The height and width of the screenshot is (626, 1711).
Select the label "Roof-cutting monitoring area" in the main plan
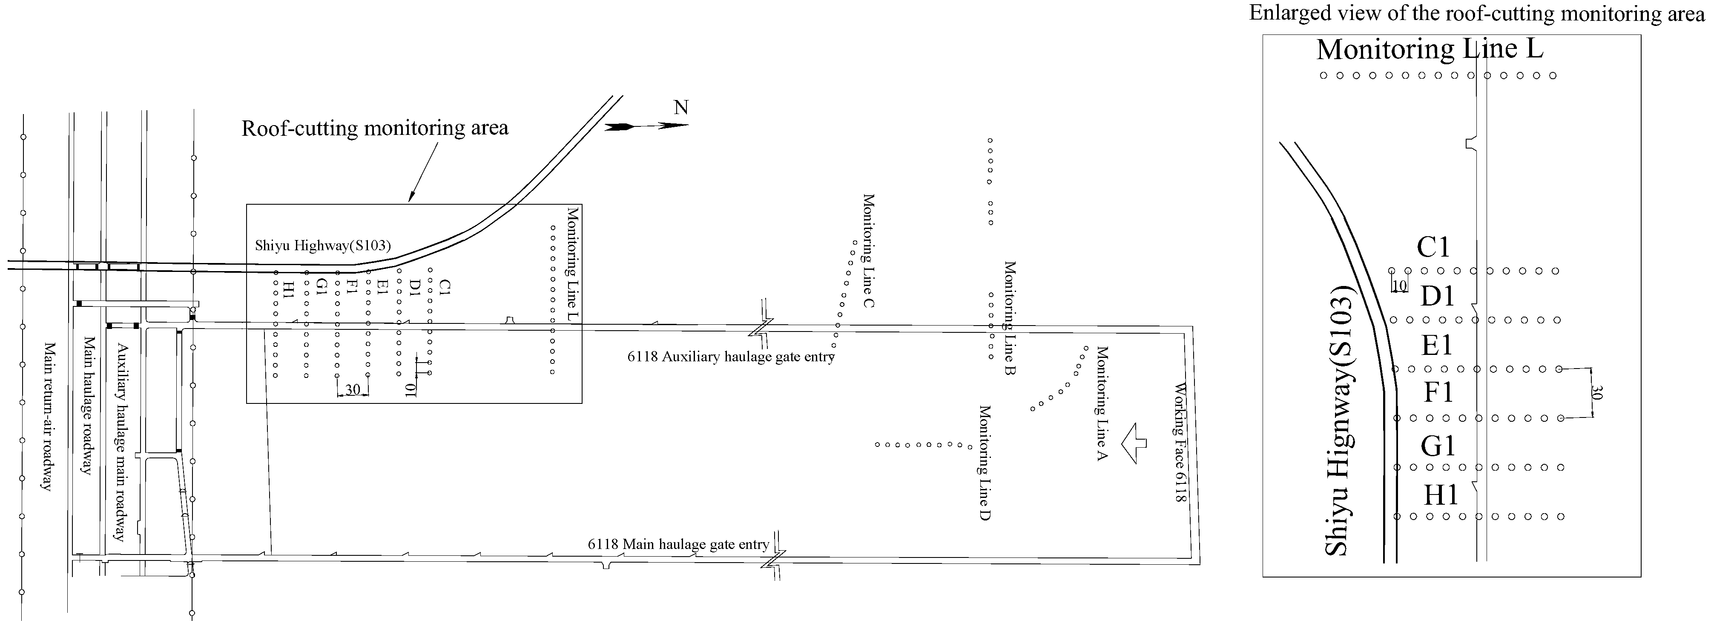pos(375,128)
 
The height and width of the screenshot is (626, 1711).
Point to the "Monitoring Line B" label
pos(1010,318)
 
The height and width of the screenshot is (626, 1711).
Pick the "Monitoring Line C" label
pos(868,251)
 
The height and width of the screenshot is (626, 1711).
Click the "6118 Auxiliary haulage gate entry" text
pos(731,357)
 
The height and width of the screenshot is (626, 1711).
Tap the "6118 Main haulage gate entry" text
pos(678,544)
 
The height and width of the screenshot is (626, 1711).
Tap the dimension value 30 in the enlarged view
pos(1597,393)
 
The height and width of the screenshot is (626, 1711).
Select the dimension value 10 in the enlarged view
pos(1399,286)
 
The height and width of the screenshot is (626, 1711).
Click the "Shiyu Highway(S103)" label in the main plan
pos(323,246)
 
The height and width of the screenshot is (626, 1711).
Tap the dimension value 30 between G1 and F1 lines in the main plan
pos(353,390)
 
